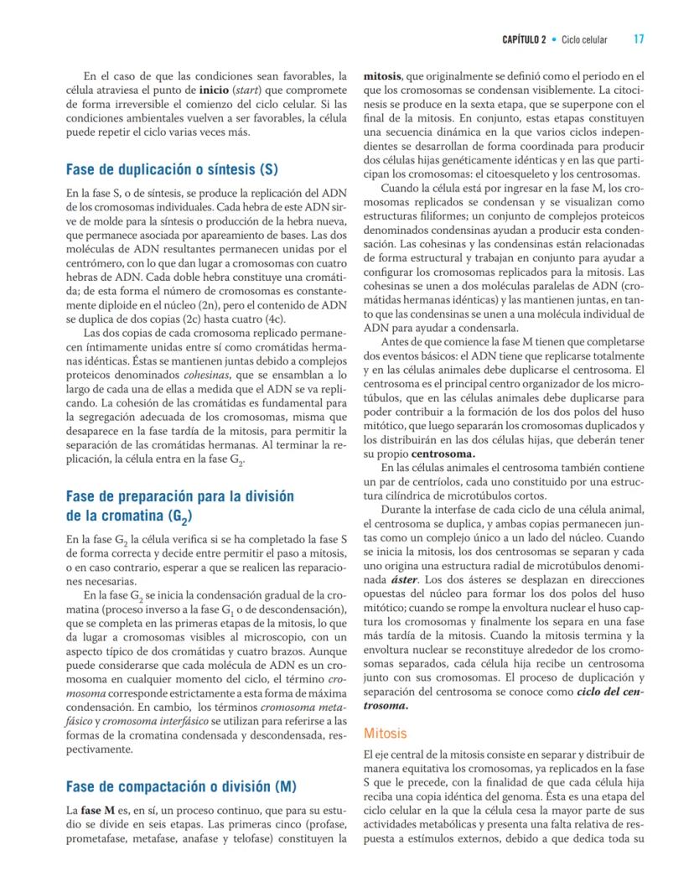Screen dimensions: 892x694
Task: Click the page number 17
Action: click(x=639, y=39)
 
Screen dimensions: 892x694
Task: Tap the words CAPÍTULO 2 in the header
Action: click(x=524, y=39)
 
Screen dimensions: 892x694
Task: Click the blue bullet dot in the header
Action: click(x=555, y=39)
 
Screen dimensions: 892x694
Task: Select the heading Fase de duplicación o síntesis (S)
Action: click(x=172, y=169)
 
